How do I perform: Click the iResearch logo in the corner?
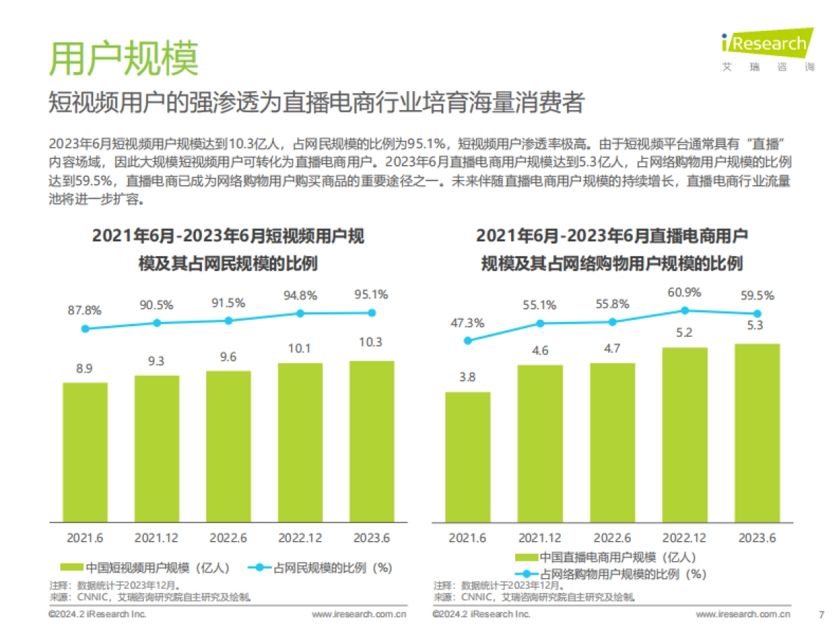[x=768, y=45]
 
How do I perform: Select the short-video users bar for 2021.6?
[x=85, y=451]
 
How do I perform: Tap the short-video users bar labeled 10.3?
[x=371, y=441]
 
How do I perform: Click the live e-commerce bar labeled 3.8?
[x=468, y=456]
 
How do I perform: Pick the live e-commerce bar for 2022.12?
[x=684, y=434]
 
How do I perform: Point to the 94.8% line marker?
[x=300, y=314]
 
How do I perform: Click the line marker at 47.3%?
[x=468, y=341]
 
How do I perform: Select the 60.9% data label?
[x=684, y=292]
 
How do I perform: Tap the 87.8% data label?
[x=85, y=310]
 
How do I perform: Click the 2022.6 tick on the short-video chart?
[x=228, y=538]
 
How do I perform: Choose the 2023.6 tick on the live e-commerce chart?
[x=757, y=538]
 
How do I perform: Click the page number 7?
[x=821, y=614]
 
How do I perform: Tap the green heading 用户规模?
[x=123, y=59]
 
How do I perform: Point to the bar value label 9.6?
[x=228, y=357]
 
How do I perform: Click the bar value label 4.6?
[x=540, y=351]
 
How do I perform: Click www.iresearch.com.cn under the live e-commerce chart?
[x=743, y=614]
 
